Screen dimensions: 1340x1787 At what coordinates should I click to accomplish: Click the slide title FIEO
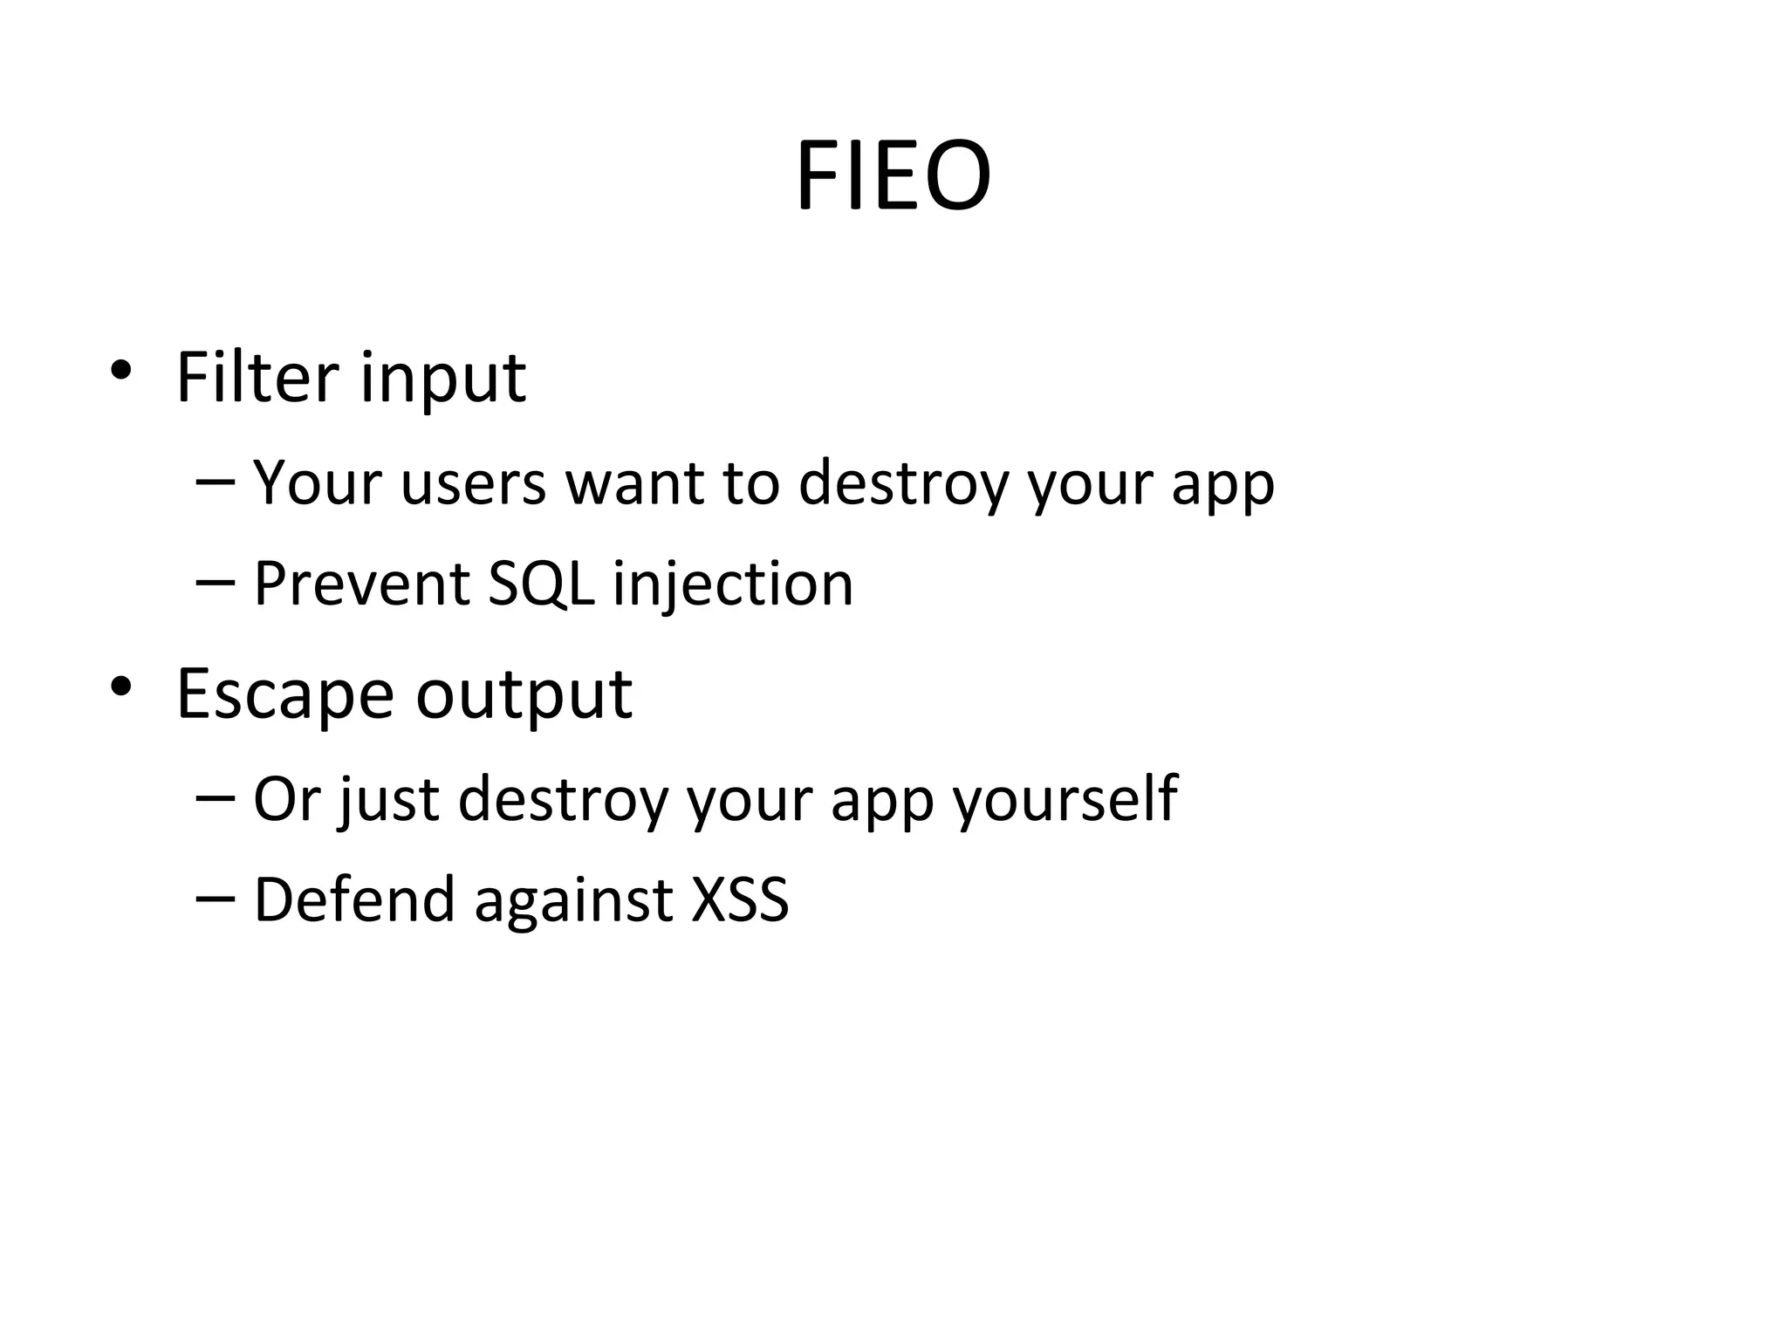click(x=893, y=176)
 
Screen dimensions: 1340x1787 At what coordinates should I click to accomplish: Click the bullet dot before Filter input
click(x=120, y=371)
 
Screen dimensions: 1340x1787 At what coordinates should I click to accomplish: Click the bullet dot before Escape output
click(x=120, y=687)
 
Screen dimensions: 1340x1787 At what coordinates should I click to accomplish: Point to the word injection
click(x=733, y=585)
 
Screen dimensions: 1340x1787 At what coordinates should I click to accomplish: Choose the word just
click(x=389, y=800)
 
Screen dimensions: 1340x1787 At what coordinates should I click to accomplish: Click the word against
click(x=573, y=901)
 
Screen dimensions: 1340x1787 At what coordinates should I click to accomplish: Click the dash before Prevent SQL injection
click(x=216, y=580)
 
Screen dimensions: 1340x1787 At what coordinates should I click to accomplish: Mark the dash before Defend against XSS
click(x=216, y=897)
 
